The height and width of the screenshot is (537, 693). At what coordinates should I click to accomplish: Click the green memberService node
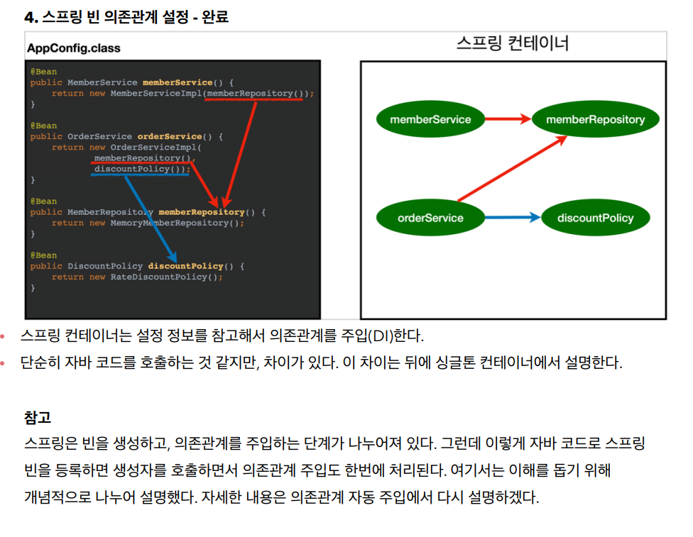(430, 119)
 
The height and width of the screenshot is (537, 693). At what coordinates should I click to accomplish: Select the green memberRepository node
(595, 119)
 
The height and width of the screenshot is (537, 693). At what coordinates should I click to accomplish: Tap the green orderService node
(430, 218)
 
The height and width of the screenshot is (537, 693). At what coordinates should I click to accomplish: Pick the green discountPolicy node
(595, 218)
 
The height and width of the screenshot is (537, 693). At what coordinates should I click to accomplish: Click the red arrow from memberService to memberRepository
(508, 118)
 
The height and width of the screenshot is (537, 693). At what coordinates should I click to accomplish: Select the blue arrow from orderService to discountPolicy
(513, 217)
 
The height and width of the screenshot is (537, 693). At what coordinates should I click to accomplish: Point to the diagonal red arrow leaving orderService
(513, 169)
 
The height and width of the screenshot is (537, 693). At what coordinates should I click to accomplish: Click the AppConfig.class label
(74, 48)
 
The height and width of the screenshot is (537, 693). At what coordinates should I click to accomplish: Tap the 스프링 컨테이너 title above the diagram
(513, 43)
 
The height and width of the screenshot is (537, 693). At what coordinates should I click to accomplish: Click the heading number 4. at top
(31, 17)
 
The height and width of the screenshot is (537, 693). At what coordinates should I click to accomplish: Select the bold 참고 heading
(38, 417)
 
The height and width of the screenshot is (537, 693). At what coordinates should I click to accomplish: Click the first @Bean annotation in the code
(44, 72)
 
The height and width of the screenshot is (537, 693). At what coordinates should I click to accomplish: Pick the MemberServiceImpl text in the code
(156, 93)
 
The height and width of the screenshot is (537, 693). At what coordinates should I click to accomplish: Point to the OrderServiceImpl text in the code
(153, 147)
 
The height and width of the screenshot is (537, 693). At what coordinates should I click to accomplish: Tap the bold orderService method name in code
(170, 136)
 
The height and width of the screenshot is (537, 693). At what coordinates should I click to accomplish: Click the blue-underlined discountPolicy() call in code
(140, 169)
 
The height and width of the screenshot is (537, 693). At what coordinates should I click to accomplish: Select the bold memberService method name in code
(178, 82)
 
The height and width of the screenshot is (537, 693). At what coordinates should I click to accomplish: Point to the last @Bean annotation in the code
(44, 255)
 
